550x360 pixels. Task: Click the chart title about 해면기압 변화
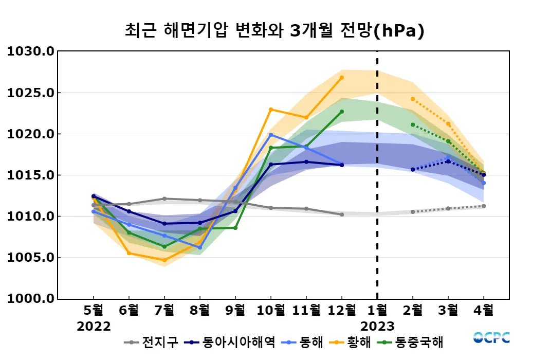[274, 30]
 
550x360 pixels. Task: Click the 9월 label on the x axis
[235, 310]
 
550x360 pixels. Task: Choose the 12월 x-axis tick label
[342, 310]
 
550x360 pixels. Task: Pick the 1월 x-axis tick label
[377, 310]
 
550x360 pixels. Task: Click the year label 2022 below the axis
[94, 326]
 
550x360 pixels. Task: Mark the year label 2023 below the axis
[377, 326]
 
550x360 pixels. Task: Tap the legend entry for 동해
[304, 342]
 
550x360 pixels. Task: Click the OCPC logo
[491, 337]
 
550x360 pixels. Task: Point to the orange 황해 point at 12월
[342, 78]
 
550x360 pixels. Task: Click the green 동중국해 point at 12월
[342, 112]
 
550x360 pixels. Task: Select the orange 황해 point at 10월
[271, 109]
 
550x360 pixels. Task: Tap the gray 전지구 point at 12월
[342, 214]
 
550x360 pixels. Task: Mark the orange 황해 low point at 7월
[164, 260]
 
